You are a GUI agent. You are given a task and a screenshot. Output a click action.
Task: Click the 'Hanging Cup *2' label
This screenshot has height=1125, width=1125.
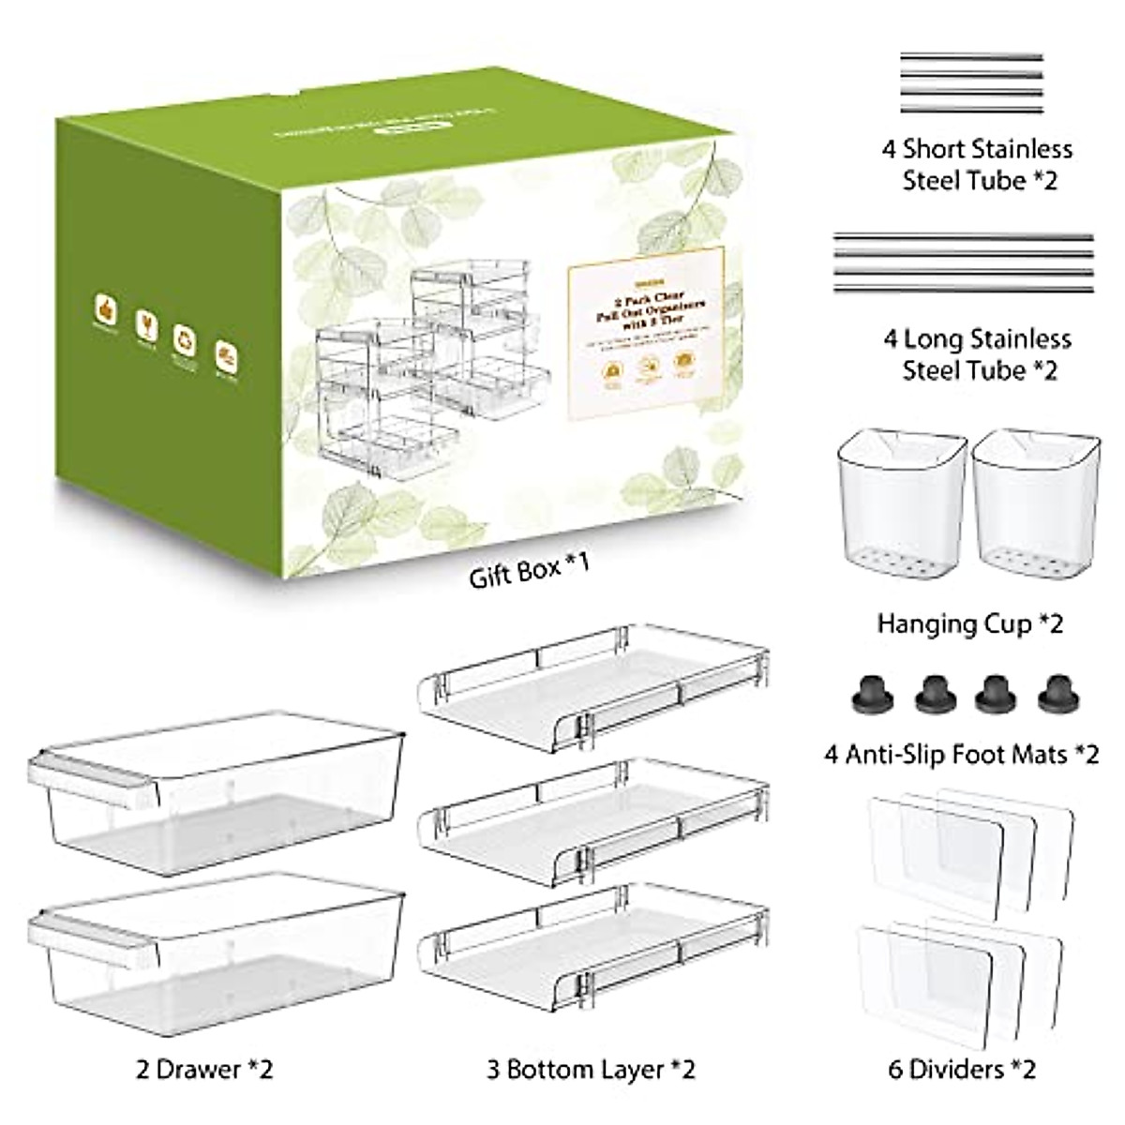tap(970, 623)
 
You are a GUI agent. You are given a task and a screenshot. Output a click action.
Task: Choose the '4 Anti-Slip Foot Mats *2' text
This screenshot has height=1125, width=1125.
tap(962, 753)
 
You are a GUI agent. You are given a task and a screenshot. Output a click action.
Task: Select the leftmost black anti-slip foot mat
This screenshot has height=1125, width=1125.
tap(873, 695)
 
